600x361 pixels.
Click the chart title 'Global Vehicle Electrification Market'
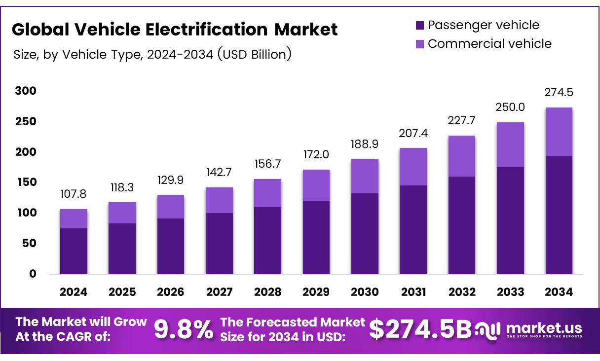point(175,30)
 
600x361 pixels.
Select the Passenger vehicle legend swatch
point(420,25)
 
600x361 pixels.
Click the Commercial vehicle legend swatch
point(420,44)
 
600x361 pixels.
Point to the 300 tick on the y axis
point(26,91)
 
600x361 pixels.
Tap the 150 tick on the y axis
point(26,182)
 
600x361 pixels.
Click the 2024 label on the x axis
point(74,292)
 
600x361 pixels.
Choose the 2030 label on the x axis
point(365,292)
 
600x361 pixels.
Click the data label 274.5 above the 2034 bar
point(559,93)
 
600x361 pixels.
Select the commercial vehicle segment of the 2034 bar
point(559,132)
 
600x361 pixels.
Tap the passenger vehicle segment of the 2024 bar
point(74,251)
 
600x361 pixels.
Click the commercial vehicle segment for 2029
point(316,185)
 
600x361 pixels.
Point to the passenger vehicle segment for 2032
point(461,225)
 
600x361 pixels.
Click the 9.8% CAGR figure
point(184,330)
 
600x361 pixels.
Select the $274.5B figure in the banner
point(420,330)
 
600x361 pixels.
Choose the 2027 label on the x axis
point(219,292)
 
